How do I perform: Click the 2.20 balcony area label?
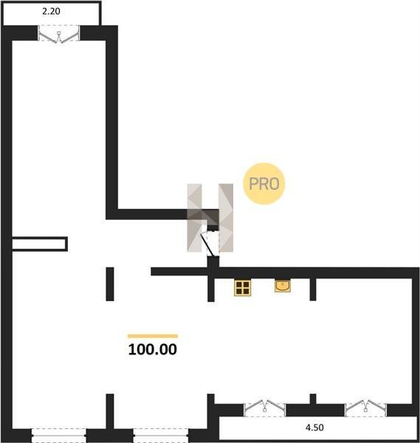(51, 11)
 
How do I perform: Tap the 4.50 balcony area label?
(314, 427)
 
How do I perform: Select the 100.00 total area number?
(153, 349)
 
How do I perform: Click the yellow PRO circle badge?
(264, 184)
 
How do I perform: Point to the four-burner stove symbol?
(243, 288)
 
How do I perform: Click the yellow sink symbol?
(283, 286)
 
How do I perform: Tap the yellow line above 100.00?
(153, 336)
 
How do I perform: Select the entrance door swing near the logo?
(210, 244)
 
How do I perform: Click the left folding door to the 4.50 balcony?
(265, 408)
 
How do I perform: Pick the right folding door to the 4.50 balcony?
(366, 408)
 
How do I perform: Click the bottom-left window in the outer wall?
(59, 436)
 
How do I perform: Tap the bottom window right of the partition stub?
(161, 436)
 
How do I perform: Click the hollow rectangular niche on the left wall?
(40, 244)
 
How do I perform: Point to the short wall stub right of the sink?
(313, 289)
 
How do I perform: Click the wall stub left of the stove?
(211, 289)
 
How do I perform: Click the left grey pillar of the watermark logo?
(194, 218)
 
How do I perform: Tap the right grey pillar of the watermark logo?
(226, 218)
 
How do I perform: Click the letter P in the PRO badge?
(253, 184)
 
